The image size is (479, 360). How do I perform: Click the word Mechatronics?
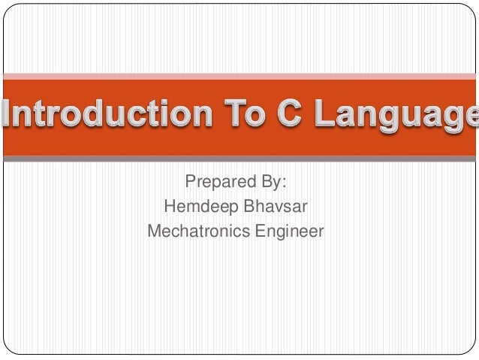point(197,231)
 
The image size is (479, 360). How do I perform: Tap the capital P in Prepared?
point(190,183)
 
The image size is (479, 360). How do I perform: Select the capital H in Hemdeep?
point(169,206)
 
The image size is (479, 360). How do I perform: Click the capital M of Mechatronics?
point(155,230)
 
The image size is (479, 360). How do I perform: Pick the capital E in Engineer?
point(258,230)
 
